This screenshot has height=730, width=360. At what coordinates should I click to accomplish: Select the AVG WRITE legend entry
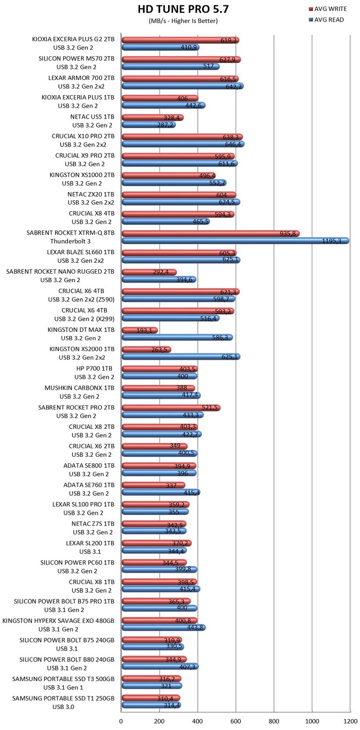click(x=330, y=9)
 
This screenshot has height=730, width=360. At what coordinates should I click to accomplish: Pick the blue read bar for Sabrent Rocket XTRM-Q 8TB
click(x=235, y=241)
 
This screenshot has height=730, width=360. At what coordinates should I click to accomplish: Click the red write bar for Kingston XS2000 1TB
click(x=146, y=350)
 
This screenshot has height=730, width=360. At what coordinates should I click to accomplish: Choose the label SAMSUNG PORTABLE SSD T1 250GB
click(x=63, y=698)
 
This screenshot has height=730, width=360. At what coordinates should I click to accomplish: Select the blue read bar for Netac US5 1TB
click(x=148, y=125)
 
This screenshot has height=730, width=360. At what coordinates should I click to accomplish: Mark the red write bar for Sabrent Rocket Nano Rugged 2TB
click(x=148, y=272)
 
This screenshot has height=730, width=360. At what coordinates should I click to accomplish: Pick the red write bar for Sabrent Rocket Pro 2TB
click(x=170, y=408)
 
